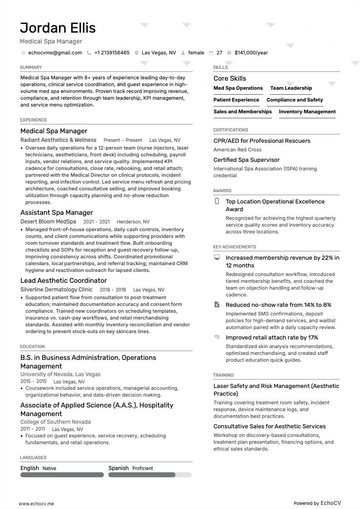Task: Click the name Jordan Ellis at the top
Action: [x=58, y=28]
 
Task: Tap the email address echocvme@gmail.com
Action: [x=55, y=53]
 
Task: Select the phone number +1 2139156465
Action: [x=112, y=53]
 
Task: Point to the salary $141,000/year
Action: [x=251, y=53]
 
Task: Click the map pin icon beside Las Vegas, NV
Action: [x=136, y=53]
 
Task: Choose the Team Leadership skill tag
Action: [x=291, y=88]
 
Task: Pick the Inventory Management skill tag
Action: [x=307, y=111]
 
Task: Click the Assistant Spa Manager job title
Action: [x=57, y=213]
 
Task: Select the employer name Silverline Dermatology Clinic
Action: [x=56, y=290]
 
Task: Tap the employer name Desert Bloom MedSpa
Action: [x=48, y=222]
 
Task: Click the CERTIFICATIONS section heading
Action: [x=230, y=130]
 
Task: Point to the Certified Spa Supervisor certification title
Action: [x=247, y=160]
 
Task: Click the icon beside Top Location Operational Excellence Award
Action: [x=217, y=201]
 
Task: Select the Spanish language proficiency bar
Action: [x=150, y=475]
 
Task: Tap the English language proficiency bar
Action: [x=62, y=475]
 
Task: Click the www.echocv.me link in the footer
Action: [x=36, y=504]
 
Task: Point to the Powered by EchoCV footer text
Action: [x=317, y=503]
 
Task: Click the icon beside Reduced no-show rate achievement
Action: [x=217, y=305]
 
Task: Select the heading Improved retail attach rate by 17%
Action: [x=272, y=338]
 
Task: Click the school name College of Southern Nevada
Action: [x=55, y=422]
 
